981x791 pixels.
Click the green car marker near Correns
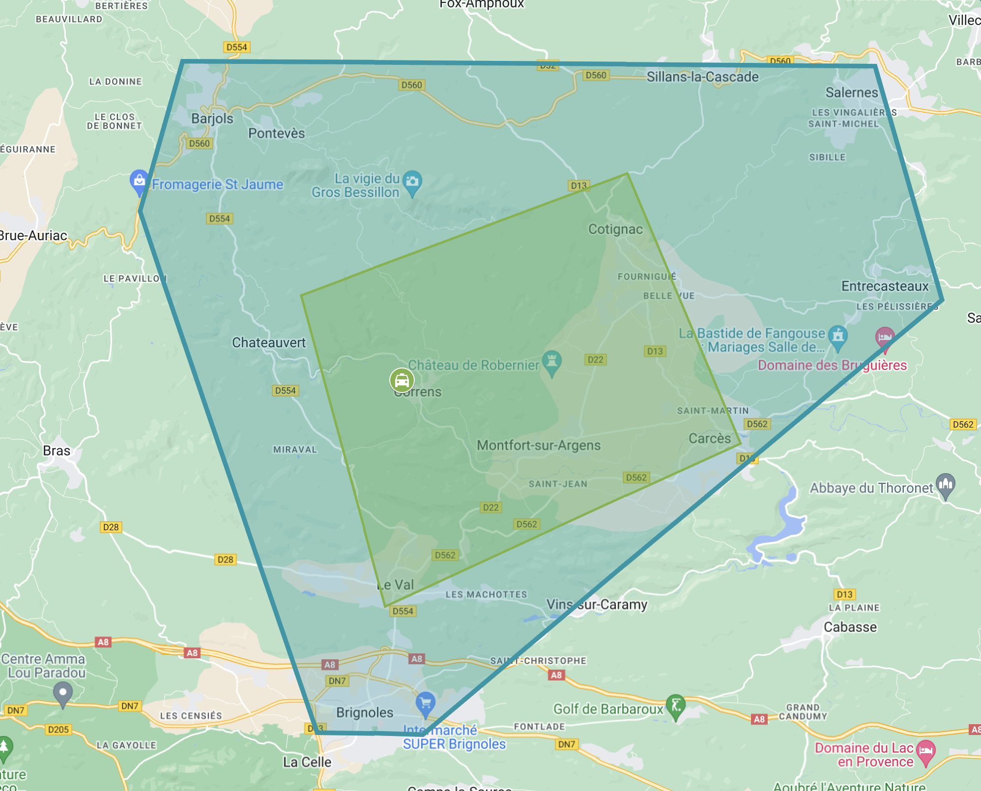402,380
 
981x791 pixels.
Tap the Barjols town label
212,118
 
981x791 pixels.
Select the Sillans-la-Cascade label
702,77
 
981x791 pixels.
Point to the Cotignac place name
615,229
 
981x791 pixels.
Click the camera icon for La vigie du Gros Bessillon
412,181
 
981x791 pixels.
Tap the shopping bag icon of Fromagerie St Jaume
139,180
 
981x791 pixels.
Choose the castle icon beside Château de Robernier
551,362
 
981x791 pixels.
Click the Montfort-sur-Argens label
539,445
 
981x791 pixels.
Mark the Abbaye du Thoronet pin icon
946,484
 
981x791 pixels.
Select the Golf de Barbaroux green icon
676,706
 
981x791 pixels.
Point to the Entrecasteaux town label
885,286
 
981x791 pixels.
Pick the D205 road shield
58,730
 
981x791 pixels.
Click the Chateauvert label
269,342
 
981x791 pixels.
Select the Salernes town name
851,92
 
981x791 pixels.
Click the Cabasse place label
850,627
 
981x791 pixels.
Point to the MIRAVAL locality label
295,450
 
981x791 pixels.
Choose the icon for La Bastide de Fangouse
837,336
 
